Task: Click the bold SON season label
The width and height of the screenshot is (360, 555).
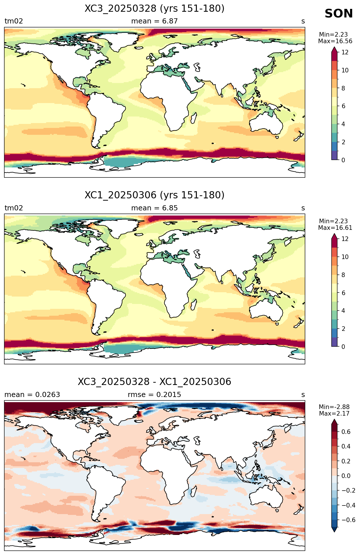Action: (339, 14)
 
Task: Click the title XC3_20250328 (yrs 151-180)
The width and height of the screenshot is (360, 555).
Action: (154, 9)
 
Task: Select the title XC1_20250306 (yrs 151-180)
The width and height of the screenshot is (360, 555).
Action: (154, 195)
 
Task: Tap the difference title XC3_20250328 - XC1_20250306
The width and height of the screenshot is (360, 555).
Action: (154, 382)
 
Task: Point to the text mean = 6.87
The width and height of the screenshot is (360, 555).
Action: (154, 21)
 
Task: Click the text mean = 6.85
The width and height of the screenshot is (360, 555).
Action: (154, 208)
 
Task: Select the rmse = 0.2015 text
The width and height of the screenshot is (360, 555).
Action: (154, 395)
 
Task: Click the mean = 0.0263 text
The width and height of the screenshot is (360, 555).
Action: (32, 395)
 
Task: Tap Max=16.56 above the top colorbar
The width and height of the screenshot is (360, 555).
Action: (335, 41)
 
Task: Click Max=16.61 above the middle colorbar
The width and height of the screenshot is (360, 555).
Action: (335, 228)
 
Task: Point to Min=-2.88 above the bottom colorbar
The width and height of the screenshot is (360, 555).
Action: (334, 407)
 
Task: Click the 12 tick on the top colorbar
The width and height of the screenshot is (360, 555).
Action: (345, 52)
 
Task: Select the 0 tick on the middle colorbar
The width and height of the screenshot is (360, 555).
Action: (343, 347)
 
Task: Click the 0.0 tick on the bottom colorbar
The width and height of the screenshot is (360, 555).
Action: (346, 476)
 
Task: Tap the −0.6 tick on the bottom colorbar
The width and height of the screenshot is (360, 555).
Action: (348, 520)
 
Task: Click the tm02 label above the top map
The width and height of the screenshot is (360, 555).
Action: (14, 21)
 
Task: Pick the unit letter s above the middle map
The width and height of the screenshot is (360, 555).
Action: (303, 208)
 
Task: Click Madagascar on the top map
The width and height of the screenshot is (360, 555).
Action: (194, 118)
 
